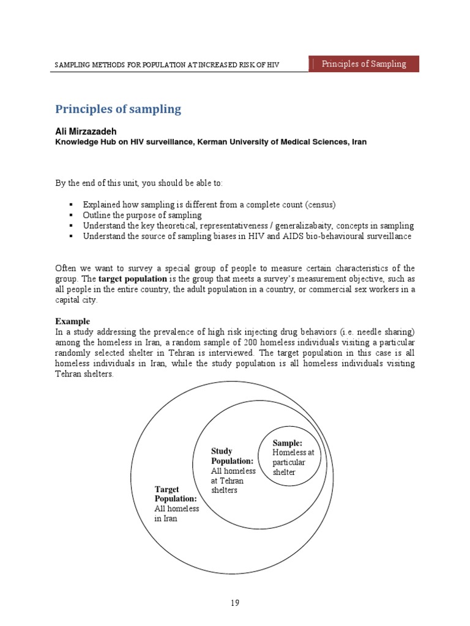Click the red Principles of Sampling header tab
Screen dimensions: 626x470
364,64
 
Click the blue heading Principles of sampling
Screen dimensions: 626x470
118,109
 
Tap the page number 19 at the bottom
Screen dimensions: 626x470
235,603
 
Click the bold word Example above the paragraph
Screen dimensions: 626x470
72,321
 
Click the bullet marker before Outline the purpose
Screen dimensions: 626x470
72,215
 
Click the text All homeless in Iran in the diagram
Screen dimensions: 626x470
176,514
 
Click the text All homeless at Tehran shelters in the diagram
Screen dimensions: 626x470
233,481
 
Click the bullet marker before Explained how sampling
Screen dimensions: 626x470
72,204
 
